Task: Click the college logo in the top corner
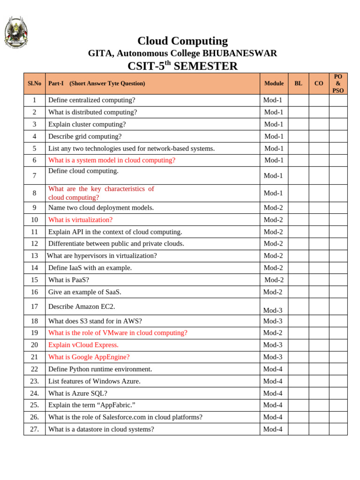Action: click(x=16, y=32)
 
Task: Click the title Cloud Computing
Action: click(x=182, y=41)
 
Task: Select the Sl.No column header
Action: click(x=34, y=83)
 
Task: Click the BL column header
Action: click(x=298, y=83)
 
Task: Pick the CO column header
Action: click(x=319, y=83)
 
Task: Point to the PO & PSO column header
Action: click(x=338, y=83)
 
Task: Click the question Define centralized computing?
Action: click(x=91, y=100)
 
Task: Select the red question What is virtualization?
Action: click(x=80, y=220)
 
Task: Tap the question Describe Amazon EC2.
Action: click(x=82, y=307)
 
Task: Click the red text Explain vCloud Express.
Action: click(x=83, y=345)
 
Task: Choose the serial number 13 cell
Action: click(x=34, y=256)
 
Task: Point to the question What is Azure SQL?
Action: click(x=81, y=393)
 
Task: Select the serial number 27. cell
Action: click(x=34, y=429)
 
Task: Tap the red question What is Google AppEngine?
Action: click(x=89, y=357)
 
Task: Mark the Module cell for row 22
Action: click(x=273, y=369)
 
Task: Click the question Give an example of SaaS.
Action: click(x=84, y=292)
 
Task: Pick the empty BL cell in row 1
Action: click(x=298, y=100)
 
